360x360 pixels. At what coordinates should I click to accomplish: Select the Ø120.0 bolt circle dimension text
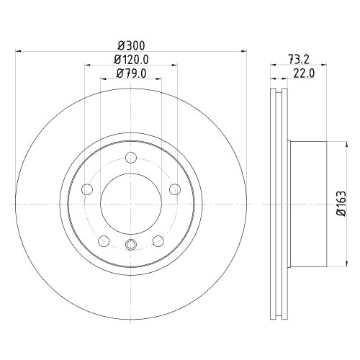[130, 59]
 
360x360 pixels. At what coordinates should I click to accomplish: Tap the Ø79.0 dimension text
[130, 74]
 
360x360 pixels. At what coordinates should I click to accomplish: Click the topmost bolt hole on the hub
[130, 159]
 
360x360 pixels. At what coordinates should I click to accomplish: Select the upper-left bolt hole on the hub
[87, 189]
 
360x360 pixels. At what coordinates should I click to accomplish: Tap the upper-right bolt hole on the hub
[174, 189]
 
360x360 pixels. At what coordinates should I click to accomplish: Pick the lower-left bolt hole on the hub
[104, 240]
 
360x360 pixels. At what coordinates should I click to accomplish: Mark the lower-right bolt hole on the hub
[157, 240]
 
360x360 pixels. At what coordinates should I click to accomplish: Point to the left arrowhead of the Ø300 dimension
[17, 51]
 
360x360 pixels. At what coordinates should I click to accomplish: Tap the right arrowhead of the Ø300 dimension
[244, 51]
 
